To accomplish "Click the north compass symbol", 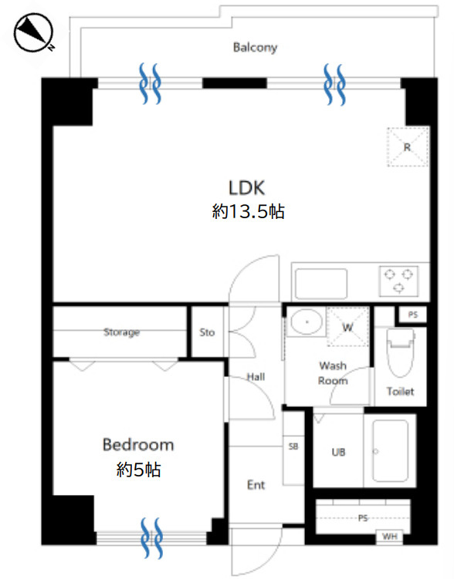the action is (34, 32).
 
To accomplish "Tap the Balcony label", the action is (255, 47).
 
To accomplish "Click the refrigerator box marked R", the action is (408, 146).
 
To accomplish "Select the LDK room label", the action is (246, 187).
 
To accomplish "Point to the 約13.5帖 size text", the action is (248, 211).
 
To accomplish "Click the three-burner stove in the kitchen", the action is (398, 281).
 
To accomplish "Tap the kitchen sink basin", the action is (321, 284).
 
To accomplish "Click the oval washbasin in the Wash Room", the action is (306, 322).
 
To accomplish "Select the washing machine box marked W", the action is (347, 326).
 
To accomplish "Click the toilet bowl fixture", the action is (400, 352).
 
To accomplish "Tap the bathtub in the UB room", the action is (390, 451).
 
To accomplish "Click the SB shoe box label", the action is (293, 446).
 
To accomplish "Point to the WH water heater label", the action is (390, 536).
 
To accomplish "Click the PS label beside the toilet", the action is (413, 315).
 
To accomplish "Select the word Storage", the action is (122, 332).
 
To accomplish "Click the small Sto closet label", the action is (207, 332).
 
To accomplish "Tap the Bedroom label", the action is (138, 445).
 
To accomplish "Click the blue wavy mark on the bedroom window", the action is (152, 537).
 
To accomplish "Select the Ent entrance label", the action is (256, 485).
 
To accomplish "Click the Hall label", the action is (256, 377).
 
